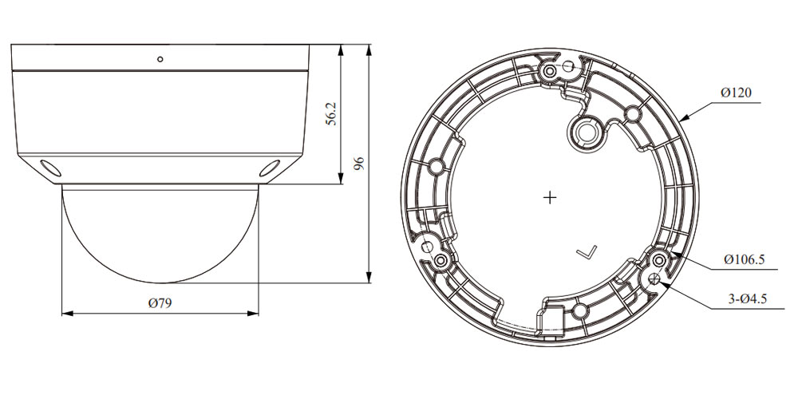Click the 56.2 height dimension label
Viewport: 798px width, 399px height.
click(x=331, y=115)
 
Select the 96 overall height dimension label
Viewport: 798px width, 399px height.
click(x=359, y=164)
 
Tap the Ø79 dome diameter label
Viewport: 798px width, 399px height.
click(x=160, y=303)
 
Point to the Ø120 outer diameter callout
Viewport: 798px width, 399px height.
click(x=736, y=93)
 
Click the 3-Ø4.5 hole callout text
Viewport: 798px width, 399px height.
click(x=747, y=299)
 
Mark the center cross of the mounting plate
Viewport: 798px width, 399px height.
click(x=550, y=197)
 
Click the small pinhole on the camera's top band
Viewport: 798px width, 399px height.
click(x=160, y=59)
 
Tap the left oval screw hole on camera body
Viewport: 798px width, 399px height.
click(x=49, y=168)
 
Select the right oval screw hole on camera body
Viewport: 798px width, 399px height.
click(x=270, y=168)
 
